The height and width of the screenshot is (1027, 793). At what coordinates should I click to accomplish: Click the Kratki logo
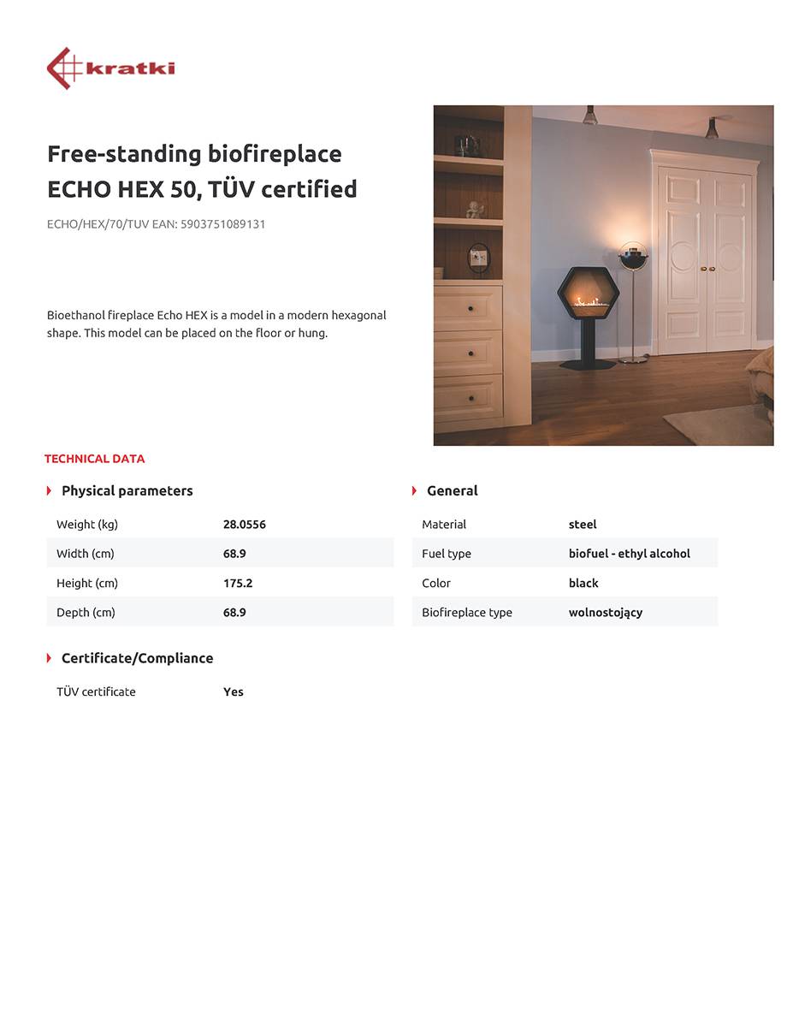(110, 68)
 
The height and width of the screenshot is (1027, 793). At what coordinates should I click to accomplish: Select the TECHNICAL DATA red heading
(94, 459)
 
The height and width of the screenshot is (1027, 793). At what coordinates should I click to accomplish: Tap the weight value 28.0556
(244, 525)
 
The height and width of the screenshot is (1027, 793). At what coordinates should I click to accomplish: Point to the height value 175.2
(238, 583)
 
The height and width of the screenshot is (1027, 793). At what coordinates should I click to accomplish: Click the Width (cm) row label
(85, 554)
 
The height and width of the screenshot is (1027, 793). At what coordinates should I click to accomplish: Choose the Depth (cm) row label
(86, 613)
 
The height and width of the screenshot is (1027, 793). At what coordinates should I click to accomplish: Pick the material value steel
(583, 525)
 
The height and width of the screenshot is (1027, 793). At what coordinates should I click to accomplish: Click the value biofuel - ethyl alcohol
(629, 554)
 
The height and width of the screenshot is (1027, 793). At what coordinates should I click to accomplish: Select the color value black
(583, 583)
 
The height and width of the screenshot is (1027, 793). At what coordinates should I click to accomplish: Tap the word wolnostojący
(605, 613)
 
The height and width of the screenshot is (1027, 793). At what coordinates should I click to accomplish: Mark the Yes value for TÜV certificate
(234, 692)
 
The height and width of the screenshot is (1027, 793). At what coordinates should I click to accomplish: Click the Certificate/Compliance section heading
(137, 658)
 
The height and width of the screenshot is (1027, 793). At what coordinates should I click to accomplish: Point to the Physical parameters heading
(127, 490)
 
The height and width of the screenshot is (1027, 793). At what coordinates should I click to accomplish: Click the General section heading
(452, 490)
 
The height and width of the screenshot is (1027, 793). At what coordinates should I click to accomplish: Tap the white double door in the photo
(704, 257)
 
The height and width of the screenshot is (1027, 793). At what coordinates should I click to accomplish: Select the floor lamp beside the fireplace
(633, 300)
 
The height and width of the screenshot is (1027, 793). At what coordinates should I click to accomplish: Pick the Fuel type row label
(446, 554)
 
